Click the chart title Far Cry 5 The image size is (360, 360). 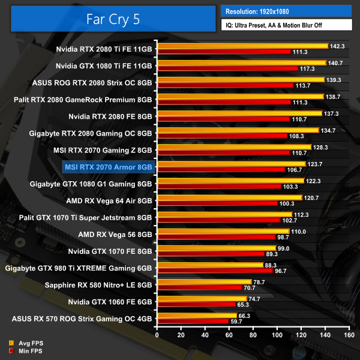(112, 19)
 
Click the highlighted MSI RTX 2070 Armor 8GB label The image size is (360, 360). (108, 166)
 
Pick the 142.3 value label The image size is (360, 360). (338, 46)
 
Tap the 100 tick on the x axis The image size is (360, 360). (270, 336)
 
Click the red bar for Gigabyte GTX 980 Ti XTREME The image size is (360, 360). (215, 271)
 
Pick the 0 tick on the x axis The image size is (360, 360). (157, 336)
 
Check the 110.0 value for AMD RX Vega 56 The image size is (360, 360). (299, 231)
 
